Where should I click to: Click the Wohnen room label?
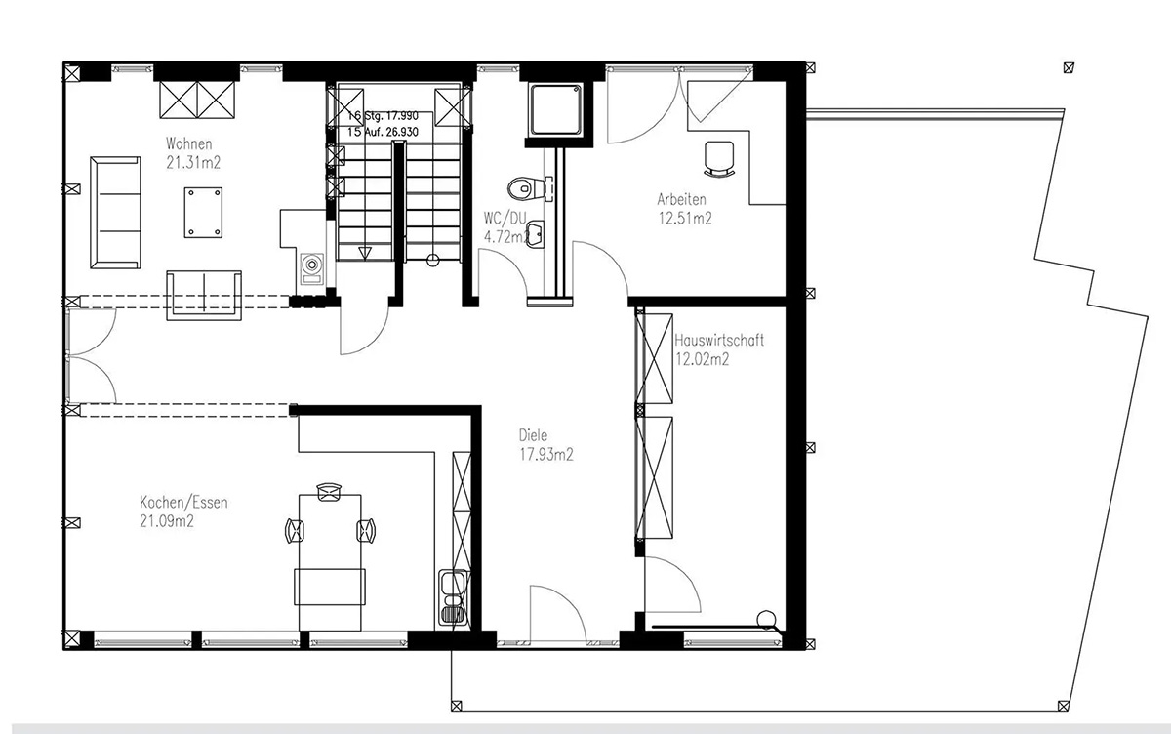coord(188,143)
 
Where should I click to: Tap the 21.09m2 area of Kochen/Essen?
coord(167,521)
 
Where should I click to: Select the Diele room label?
coord(533,435)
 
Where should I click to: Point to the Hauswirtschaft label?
coord(719,340)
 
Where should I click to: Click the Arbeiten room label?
coord(681,199)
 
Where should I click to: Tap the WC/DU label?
coord(505,218)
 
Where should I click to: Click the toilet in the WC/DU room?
coord(526,188)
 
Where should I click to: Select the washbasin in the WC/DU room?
coord(535,234)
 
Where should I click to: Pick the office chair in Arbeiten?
coord(719,159)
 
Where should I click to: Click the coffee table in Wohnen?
coord(203,213)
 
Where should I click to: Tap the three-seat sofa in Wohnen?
coord(115,213)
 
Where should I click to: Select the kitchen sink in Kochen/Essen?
coord(453,597)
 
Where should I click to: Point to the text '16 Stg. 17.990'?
coord(384,116)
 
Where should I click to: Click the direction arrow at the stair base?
coord(365,254)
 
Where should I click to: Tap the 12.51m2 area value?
coord(685,218)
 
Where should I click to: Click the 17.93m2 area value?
coord(546,454)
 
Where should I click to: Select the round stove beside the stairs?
coord(312,265)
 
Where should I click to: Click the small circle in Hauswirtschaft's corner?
coord(765,619)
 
